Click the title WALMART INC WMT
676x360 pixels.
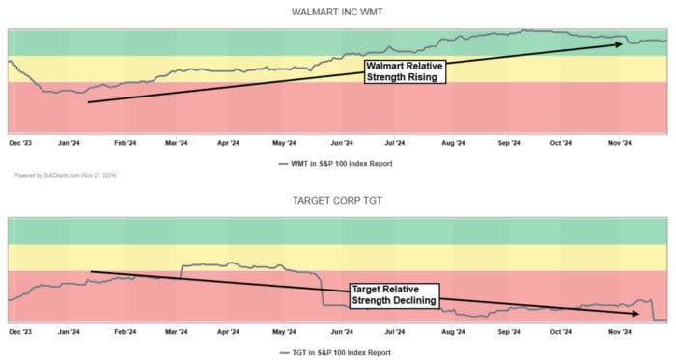[337, 12]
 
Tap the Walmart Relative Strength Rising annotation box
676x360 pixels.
[404, 70]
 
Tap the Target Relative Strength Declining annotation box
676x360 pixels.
[393, 294]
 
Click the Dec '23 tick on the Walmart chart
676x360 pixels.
[20, 142]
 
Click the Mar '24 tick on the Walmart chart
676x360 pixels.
[177, 142]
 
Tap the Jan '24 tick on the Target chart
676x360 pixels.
[69, 331]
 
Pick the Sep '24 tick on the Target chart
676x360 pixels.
[508, 331]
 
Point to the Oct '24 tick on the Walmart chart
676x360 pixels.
[561, 142]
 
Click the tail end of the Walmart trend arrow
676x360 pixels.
[88, 101]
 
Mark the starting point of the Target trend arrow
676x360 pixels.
[90, 270]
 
